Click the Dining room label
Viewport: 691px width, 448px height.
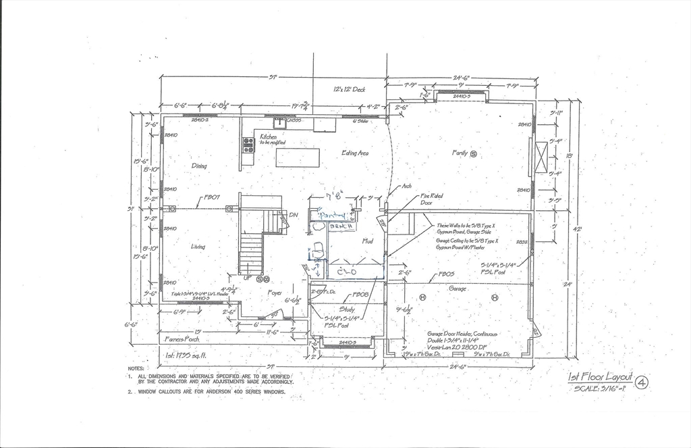[199, 166]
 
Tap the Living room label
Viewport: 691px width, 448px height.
[198, 247]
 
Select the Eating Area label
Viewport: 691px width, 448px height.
[355, 153]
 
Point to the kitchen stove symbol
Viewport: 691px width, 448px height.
[248, 145]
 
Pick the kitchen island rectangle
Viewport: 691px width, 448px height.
[298, 157]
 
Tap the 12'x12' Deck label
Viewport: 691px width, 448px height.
[350, 89]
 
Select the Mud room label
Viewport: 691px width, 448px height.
[368, 241]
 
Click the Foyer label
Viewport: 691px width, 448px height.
[275, 293]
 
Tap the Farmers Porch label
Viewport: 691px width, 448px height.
[182, 339]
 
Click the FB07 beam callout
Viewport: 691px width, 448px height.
[213, 198]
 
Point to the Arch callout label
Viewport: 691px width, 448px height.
[407, 186]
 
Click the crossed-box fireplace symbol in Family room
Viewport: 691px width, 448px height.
[541, 157]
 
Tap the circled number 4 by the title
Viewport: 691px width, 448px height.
[642, 383]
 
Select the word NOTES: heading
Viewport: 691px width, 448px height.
[136, 368]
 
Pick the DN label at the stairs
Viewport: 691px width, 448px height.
[294, 215]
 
